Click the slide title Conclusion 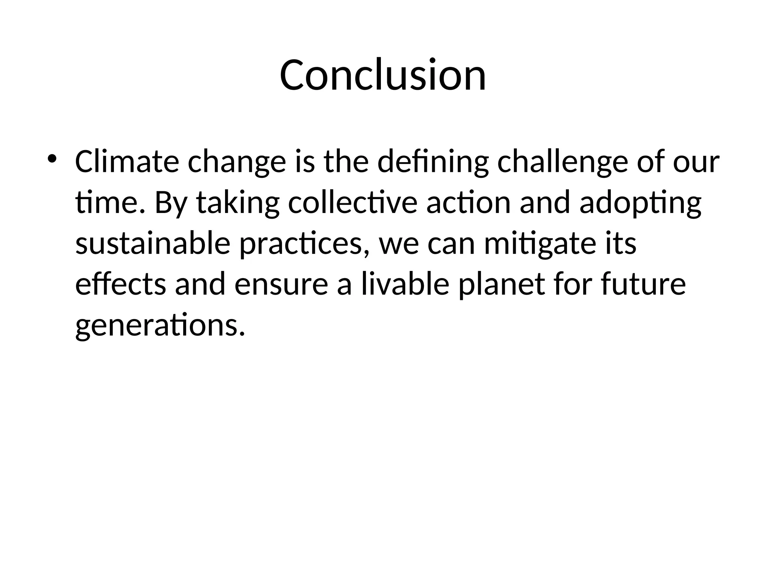tap(383, 75)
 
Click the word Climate tap(127, 162)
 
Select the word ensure tap(281, 285)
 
